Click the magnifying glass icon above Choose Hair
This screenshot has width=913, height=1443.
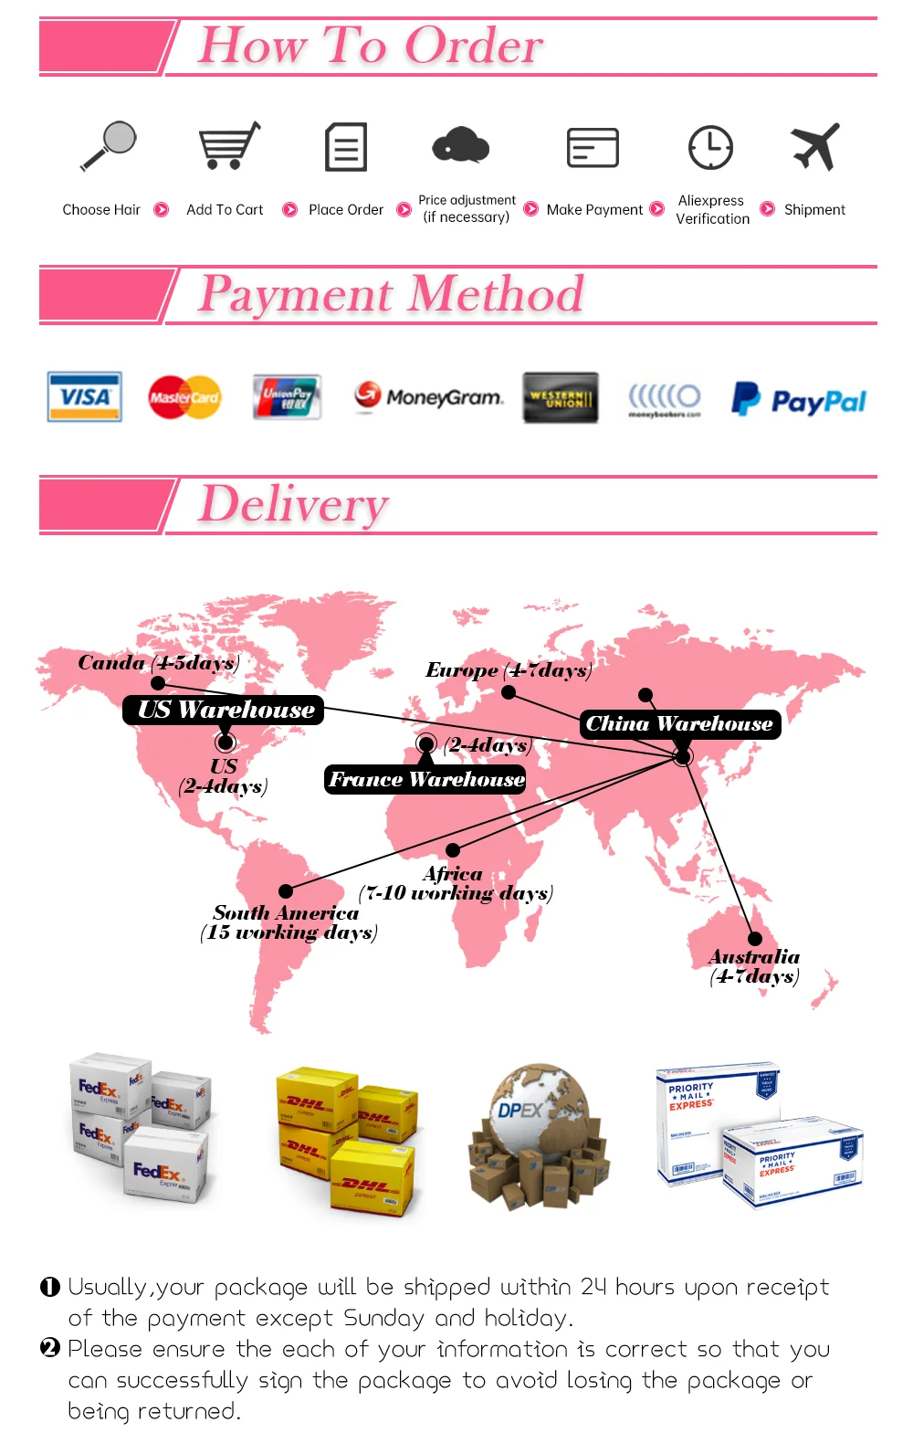[x=109, y=146]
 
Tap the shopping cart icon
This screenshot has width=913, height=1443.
[x=228, y=146]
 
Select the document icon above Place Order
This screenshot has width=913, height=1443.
[x=346, y=147]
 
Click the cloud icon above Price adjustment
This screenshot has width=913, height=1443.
[x=461, y=145]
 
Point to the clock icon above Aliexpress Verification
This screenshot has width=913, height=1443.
[x=710, y=147]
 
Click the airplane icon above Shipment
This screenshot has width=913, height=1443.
[x=814, y=146]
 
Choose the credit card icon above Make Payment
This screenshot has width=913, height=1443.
[x=593, y=147]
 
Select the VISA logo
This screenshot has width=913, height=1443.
[x=85, y=396]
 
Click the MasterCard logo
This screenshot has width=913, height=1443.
[x=184, y=397]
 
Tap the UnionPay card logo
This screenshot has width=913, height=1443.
[x=287, y=397]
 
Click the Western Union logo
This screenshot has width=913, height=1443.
[x=561, y=397]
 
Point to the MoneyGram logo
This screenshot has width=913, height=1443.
[x=429, y=396]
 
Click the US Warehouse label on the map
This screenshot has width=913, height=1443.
[x=224, y=710]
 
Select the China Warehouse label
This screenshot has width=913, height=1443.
[x=680, y=724]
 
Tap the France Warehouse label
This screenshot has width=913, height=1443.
[x=425, y=779]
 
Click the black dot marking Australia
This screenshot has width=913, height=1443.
[x=755, y=938]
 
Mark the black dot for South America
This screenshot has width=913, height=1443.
[x=286, y=891]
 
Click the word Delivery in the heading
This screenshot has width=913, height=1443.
[x=294, y=504]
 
